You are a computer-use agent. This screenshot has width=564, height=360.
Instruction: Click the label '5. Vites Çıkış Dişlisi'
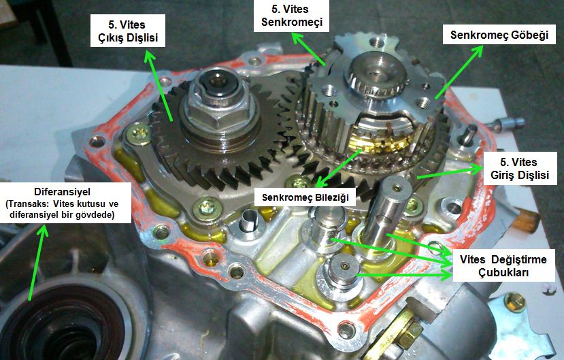click(x=128, y=31)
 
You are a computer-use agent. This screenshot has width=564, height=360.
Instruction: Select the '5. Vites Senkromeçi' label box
click(x=291, y=16)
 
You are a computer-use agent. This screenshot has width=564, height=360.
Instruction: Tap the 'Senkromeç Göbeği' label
click(x=499, y=35)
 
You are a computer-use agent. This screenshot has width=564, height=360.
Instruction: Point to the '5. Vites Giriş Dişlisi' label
click(x=520, y=168)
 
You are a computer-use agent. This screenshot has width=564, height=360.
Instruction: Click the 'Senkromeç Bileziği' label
click(x=305, y=197)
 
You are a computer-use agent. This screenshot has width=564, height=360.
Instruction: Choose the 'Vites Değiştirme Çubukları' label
click(x=503, y=265)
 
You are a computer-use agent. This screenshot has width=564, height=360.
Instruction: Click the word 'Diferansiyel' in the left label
click(x=62, y=191)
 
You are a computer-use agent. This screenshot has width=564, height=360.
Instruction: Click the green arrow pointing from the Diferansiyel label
click(x=37, y=262)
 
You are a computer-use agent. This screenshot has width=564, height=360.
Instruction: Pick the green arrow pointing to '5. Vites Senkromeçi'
click(x=308, y=49)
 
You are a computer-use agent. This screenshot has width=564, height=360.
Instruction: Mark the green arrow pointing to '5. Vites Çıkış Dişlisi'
click(x=159, y=86)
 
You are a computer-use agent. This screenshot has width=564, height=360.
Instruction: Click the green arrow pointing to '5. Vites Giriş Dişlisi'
click(x=450, y=171)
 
